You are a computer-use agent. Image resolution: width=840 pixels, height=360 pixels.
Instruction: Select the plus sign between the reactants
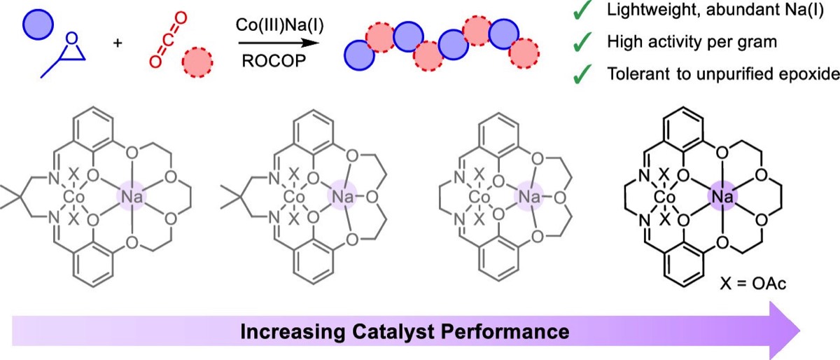(x=118, y=44)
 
